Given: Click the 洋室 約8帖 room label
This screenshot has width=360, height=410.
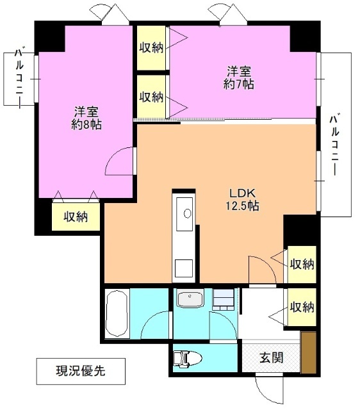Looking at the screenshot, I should pos(85,117).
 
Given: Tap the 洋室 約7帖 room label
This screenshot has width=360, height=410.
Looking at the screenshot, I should pos(239,77).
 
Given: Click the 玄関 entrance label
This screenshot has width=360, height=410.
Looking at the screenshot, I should pos(271,358).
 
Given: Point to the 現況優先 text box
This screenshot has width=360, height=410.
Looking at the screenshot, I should pos(78,370).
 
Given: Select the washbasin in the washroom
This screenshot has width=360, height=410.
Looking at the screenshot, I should pos(190,299).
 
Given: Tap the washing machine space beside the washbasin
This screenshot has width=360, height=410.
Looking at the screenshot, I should pos(224,299).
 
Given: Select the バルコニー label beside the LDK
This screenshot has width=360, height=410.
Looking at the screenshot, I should pos(336,144).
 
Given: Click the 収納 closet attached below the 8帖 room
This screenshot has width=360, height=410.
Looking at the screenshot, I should pos(76,216).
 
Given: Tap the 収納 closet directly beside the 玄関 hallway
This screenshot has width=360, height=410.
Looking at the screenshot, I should pos(301,306).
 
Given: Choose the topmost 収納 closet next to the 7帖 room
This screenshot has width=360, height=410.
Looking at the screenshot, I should pos(151,48).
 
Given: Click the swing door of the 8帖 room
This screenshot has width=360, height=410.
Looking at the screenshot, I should pos(120,161).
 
